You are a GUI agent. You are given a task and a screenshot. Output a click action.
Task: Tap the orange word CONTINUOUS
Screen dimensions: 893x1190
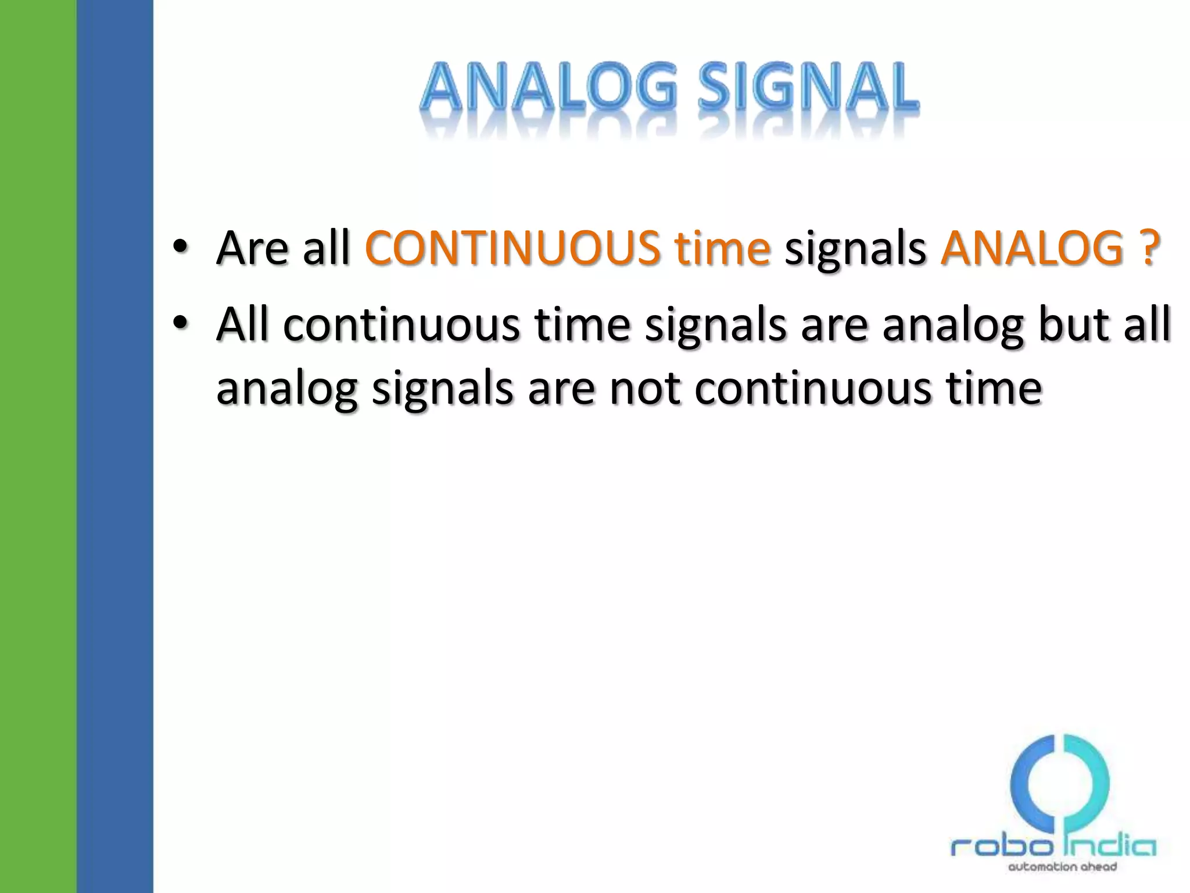tap(512, 249)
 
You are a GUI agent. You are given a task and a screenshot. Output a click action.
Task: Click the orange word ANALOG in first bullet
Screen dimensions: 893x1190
tap(1032, 249)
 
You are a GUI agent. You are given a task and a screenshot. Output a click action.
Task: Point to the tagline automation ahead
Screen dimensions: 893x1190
tap(1062, 867)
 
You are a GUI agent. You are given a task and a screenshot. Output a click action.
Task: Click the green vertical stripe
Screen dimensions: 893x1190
tap(38, 446)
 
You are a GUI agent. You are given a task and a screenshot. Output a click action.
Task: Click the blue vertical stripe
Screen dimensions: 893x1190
tap(114, 446)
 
